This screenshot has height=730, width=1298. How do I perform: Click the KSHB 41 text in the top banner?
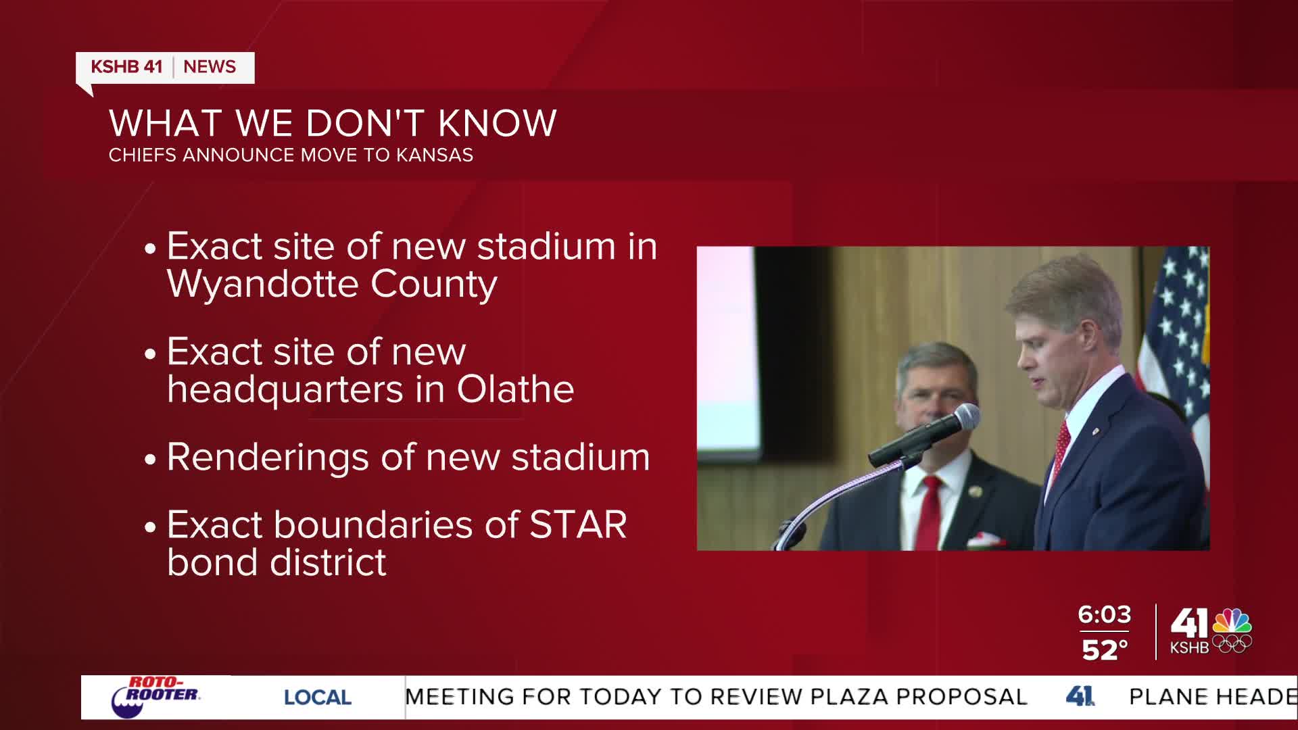126,67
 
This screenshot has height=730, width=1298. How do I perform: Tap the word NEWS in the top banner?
210,67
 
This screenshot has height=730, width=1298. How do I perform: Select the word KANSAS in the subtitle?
434,155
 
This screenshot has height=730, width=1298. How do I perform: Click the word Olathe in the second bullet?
515,389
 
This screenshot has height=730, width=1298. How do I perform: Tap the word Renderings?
267,458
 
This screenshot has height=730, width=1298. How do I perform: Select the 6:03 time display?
1104,614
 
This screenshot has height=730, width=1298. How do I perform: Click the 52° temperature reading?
1105,650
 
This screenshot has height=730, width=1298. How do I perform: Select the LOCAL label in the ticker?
317,698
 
